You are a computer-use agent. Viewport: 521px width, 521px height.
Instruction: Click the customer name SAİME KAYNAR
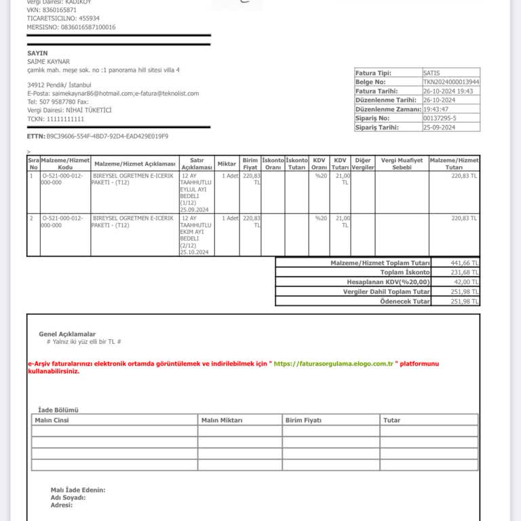coord(48,62)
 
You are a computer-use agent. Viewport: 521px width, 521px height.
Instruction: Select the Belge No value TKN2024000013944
coord(450,81)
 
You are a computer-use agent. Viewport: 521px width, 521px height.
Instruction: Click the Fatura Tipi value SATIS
coord(431,73)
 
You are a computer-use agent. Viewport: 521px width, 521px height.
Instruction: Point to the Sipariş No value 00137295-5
coord(440,118)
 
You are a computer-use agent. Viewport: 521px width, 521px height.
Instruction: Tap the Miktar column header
coord(227,163)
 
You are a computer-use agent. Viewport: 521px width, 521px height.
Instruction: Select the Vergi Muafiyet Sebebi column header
coord(402,163)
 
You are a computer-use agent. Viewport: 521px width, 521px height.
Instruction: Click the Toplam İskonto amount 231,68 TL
coord(465,272)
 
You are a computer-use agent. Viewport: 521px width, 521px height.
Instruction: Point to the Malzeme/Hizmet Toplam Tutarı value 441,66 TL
coord(465,263)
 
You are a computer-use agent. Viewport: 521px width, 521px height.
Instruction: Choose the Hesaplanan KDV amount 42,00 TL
coord(466,282)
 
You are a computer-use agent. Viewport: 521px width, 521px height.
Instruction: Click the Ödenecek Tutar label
coord(405,301)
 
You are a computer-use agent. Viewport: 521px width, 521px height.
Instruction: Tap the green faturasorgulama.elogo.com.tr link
coord(334,364)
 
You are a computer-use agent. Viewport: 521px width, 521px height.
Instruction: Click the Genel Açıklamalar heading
coord(67,334)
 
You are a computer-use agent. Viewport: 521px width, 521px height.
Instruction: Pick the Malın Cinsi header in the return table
coord(52,421)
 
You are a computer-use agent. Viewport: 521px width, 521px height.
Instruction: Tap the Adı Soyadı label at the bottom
coord(69,497)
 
